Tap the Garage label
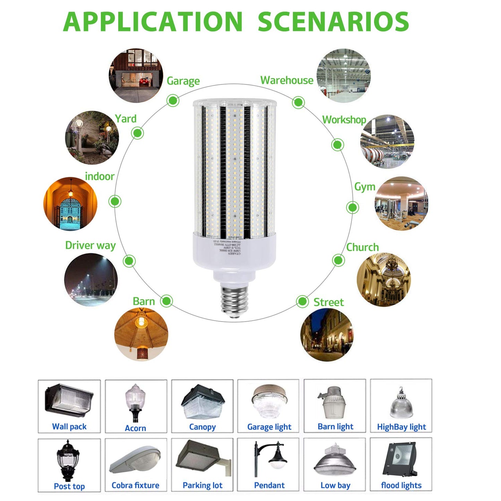(183, 81)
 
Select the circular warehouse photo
(343, 76)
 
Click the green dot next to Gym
(352, 208)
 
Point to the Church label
(362, 247)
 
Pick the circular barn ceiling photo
(141, 334)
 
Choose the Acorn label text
(135, 428)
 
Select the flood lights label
(401, 485)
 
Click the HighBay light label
(401, 427)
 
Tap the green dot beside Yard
(137, 133)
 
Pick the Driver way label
(90, 245)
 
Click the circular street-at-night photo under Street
(327, 335)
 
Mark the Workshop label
(344, 120)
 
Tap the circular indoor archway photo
(70, 204)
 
